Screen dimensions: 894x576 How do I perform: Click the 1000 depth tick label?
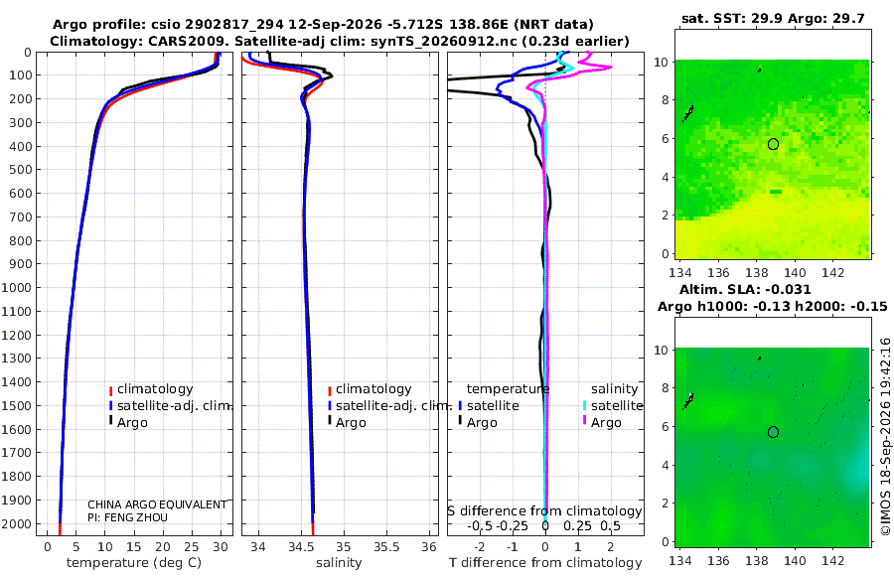[x=16, y=287]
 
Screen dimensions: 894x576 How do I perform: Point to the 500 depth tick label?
[x=20, y=170]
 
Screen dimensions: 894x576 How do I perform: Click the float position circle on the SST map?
[x=773, y=144]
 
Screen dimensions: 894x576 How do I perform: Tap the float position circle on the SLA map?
[x=773, y=432]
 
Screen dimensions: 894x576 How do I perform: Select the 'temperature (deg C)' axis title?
[x=134, y=563]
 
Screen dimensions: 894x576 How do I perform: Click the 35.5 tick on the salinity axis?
[x=386, y=547]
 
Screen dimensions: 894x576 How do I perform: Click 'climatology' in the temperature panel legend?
[x=155, y=389]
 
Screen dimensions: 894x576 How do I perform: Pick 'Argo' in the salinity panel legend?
[x=351, y=423]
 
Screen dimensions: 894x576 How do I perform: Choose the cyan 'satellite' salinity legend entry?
[x=616, y=405]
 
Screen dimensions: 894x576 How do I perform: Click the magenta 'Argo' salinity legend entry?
[x=606, y=423]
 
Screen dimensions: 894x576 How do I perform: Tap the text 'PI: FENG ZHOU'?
[x=128, y=517]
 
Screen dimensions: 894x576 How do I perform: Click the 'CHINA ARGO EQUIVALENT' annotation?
[x=157, y=504]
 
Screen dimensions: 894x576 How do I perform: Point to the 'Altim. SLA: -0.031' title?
[x=745, y=289]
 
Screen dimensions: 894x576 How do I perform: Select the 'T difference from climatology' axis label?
[x=545, y=563]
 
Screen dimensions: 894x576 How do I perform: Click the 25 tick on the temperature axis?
[x=192, y=547]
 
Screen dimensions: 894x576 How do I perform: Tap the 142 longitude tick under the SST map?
[x=833, y=273]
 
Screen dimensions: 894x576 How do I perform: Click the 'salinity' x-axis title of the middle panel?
[x=339, y=563]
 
